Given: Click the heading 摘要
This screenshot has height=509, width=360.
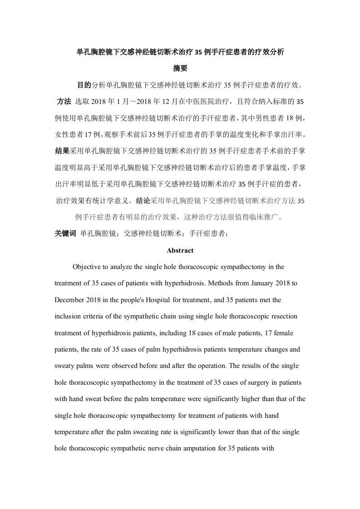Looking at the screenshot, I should click(180, 69).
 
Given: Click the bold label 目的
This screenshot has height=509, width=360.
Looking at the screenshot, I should click(84, 85).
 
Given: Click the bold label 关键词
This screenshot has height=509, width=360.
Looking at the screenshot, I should click(65, 234).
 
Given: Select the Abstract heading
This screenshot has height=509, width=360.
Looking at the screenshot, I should click(180, 250).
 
